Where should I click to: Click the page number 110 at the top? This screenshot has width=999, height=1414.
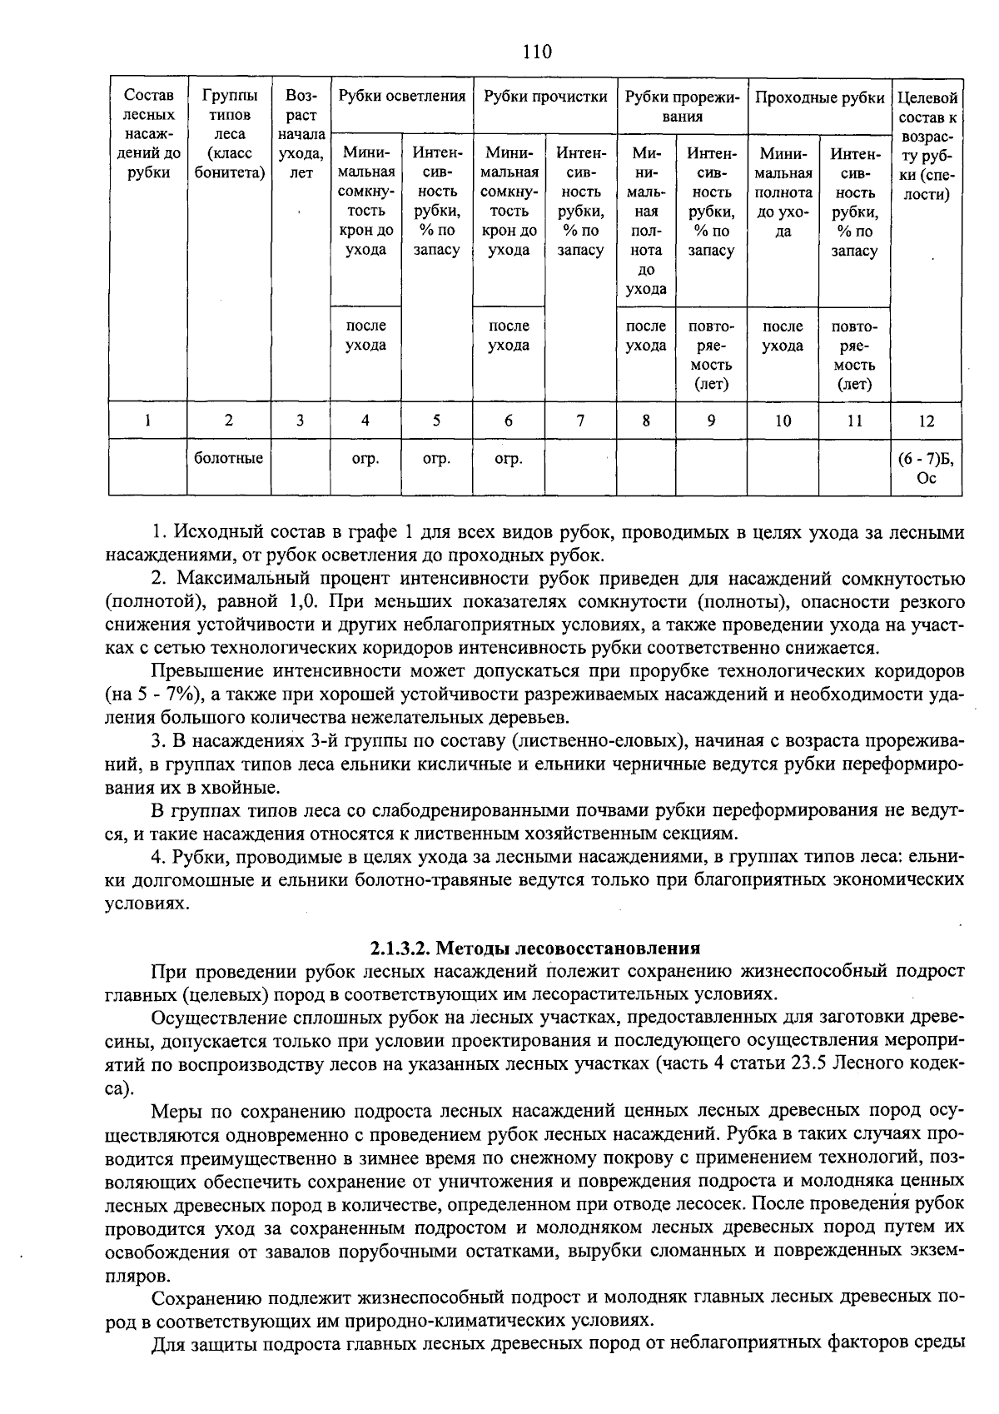coord(537,52)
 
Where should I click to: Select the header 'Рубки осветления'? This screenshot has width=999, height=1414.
coord(402,97)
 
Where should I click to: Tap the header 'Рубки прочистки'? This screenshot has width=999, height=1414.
coord(545,97)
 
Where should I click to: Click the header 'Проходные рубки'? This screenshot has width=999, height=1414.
coord(819,97)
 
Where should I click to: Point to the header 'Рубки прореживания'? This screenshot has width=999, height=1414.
coord(682,107)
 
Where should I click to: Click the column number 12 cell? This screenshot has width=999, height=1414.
coord(926,421)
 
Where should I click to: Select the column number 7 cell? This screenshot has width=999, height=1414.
coord(580,421)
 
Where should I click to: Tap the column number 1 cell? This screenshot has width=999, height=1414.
coord(147,421)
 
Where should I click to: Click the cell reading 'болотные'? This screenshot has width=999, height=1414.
coord(229,458)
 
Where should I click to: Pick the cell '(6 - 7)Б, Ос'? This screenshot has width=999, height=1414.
coord(926,468)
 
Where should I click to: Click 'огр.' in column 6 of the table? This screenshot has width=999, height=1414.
coord(508,459)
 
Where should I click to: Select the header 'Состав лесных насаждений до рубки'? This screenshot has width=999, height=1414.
coord(147,135)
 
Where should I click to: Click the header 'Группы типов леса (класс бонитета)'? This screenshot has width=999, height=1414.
coord(229,135)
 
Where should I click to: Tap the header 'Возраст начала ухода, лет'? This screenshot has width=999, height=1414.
coord(301,135)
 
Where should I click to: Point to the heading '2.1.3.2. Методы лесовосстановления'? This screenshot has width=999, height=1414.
coord(535,948)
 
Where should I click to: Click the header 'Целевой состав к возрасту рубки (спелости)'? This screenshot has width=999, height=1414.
coord(926,145)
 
